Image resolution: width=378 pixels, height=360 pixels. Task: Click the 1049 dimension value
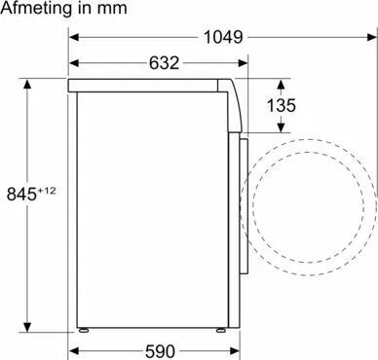[x=223, y=37]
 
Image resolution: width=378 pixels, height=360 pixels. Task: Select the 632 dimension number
[x=165, y=63]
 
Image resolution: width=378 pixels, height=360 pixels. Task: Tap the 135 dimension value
[x=282, y=105]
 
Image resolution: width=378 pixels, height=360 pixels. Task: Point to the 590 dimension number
[x=160, y=351]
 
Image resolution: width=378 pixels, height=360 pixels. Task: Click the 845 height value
[x=21, y=195]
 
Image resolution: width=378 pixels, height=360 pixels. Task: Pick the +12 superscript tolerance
[x=47, y=191]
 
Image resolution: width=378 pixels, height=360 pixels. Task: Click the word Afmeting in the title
[x=36, y=9]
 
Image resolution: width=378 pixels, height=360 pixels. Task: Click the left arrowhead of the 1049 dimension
[x=74, y=37]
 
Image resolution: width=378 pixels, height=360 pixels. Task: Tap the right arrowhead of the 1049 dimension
[x=372, y=37]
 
